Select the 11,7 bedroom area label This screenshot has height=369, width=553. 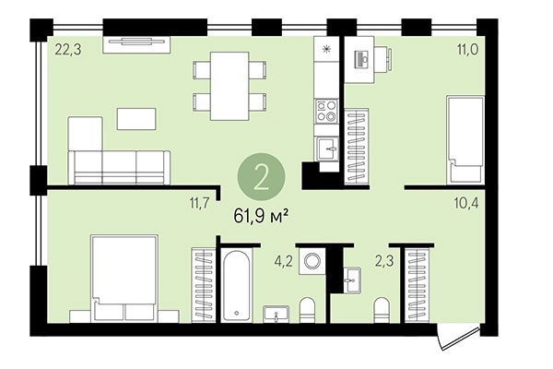(200, 200)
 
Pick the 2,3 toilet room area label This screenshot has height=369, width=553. (382, 260)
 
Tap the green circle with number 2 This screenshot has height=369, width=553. (261, 176)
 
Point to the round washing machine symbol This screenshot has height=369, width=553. (314, 262)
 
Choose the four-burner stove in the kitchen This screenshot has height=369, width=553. (326, 112)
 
